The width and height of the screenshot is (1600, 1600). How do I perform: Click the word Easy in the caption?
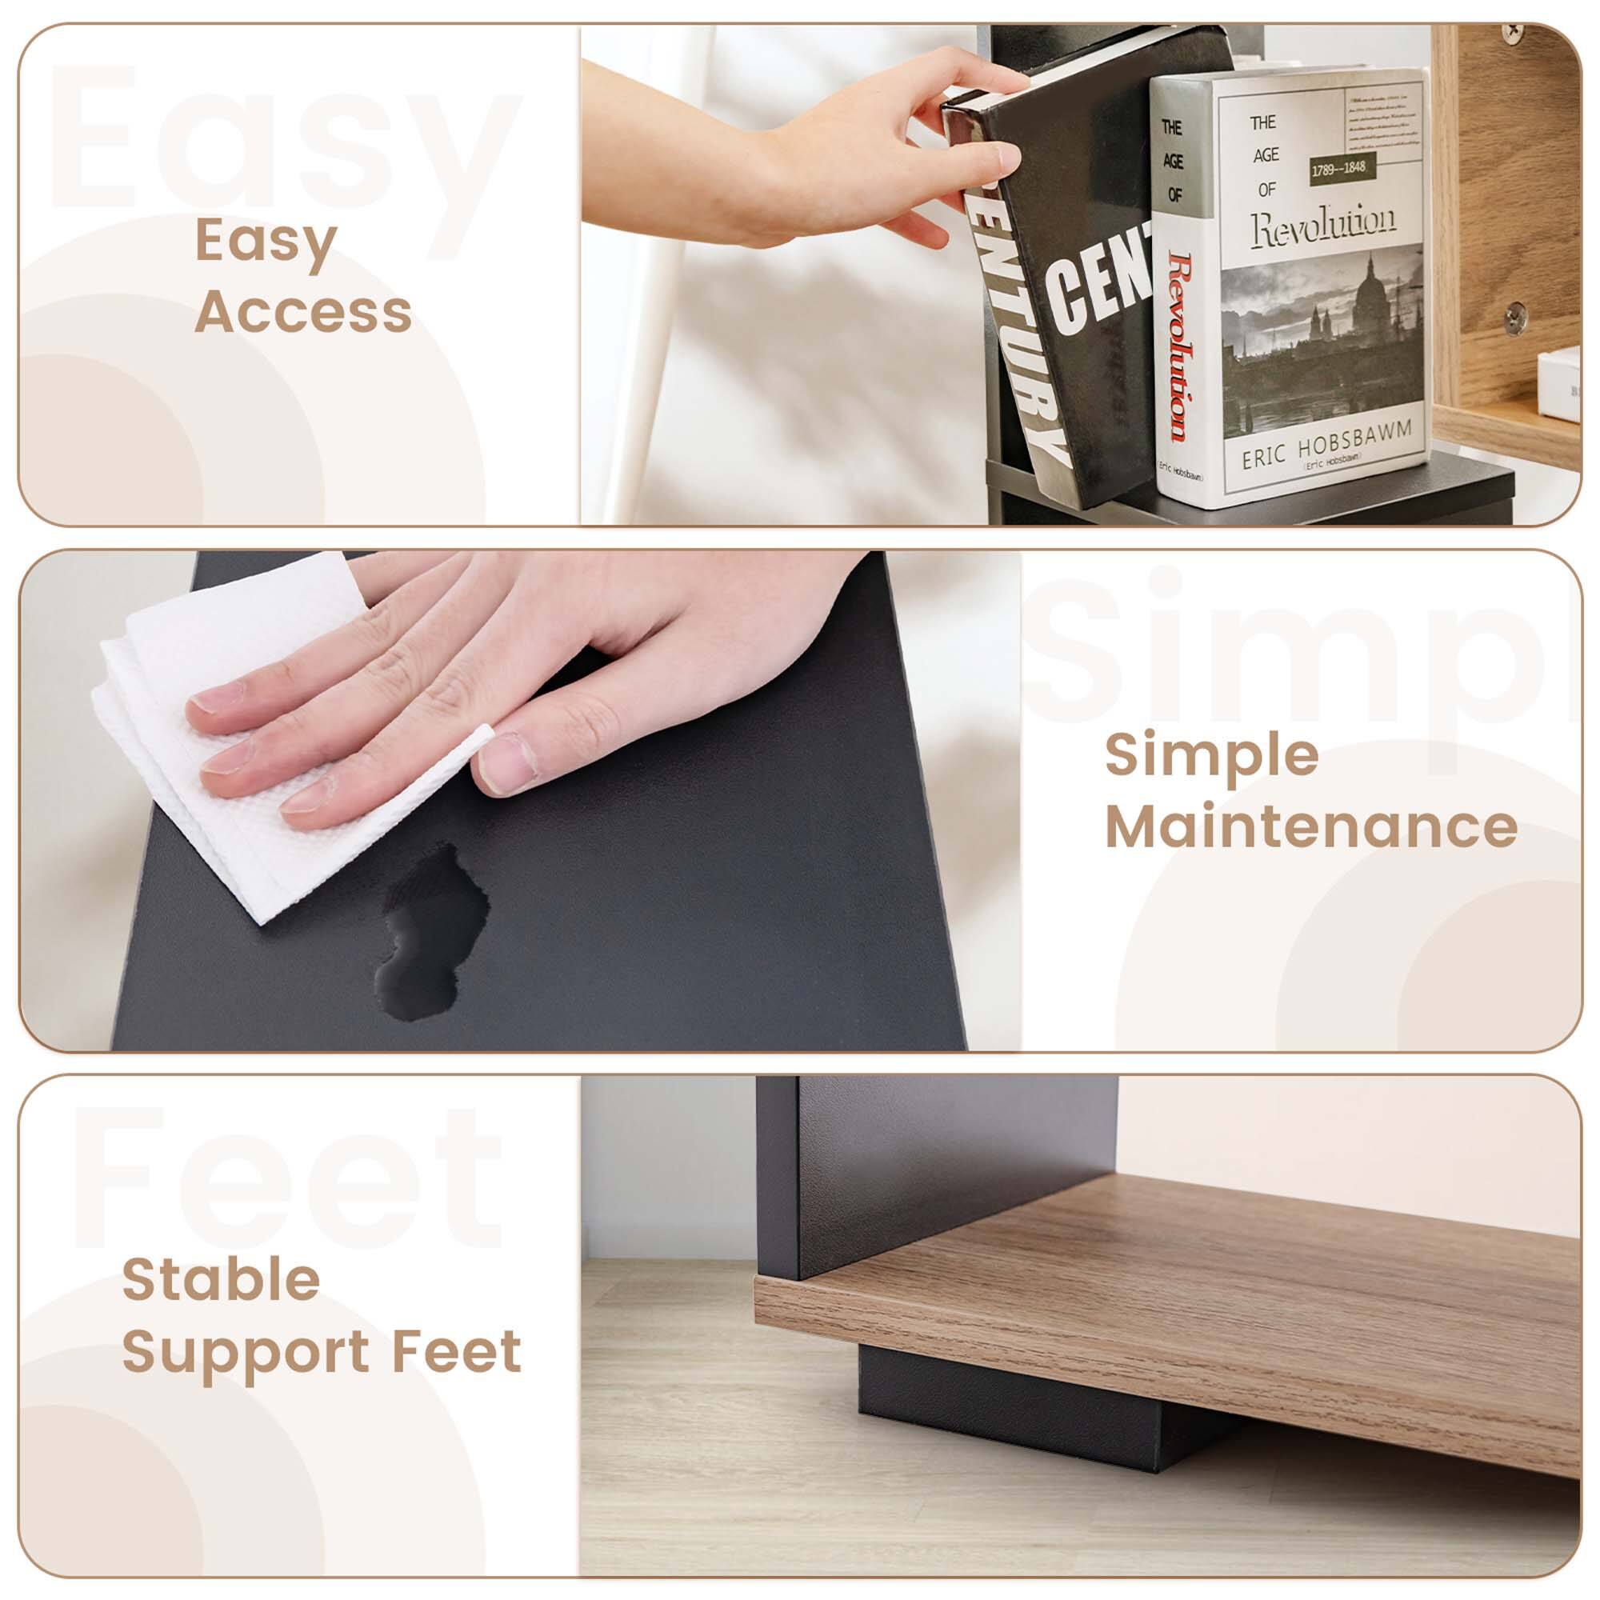coord(265,242)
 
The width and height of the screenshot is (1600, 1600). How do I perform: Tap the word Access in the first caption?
coord(303,312)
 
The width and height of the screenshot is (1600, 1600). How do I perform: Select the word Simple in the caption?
coord(1211,756)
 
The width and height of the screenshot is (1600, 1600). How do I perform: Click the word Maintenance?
coord(1311,826)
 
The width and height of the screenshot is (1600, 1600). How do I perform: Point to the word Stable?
coord(221,1279)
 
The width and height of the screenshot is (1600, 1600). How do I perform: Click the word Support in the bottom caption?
coord(245,1351)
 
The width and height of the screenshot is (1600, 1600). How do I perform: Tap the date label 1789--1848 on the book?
coord(1338,169)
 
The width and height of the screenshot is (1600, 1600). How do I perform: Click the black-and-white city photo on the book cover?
coord(1322,338)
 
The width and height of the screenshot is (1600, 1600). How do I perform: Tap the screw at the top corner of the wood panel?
coord(1512,30)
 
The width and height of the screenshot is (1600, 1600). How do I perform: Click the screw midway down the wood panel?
coord(1514,315)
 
